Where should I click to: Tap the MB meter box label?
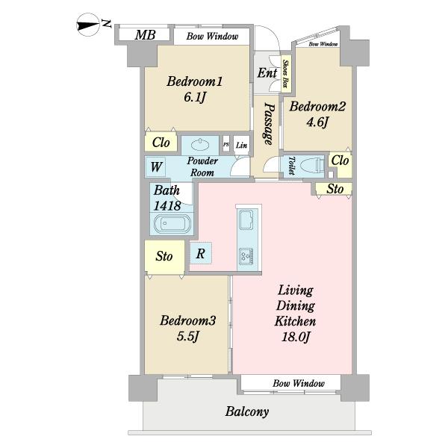(145, 35)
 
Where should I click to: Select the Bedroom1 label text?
(195, 81)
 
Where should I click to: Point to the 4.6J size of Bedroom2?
(317, 123)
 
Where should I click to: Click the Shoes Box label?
(285, 74)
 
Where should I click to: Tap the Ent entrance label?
(267, 73)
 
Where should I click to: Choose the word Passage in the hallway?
(270, 123)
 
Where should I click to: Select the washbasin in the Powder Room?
(201, 145)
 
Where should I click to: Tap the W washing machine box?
(156, 167)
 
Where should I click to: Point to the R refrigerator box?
(201, 253)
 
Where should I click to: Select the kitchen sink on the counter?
(246, 220)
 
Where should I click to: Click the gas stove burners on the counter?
(246, 255)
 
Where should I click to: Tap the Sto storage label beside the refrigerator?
(164, 256)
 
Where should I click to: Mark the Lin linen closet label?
(241, 146)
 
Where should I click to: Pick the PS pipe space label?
(226, 145)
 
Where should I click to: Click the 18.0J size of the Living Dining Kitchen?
(296, 337)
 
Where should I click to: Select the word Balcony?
(247, 411)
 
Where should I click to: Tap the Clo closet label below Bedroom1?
(161, 143)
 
